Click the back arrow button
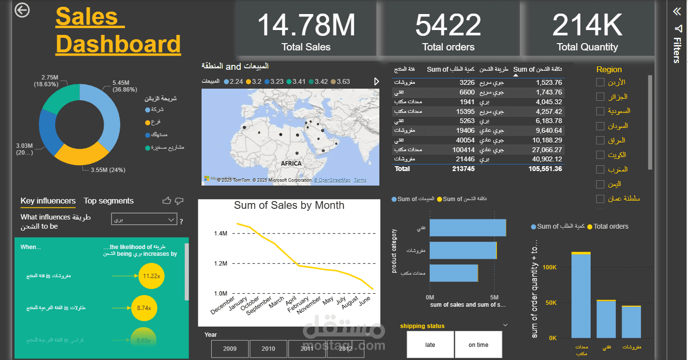pyautogui.click(x=22, y=10)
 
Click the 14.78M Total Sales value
pyautogui.click(x=306, y=26)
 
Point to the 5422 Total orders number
pyautogui.click(x=448, y=26)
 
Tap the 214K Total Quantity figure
pyautogui.click(x=587, y=26)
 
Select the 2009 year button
pyautogui.click(x=230, y=348)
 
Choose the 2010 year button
pyautogui.click(x=268, y=348)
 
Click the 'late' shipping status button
pyautogui.click(x=430, y=345)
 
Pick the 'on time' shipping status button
pyautogui.click(x=478, y=345)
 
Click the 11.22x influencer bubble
pyautogui.click(x=152, y=276)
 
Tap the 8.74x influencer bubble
pyautogui.click(x=144, y=308)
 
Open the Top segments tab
pyautogui.click(x=109, y=201)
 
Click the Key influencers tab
pyautogui.click(x=48, y=201)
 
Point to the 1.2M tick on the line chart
pyautogui.click(x=220, y=264)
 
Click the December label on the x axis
pyautogui.click(x=222, y=305)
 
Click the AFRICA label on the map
pyautogui.click(x=291, y=163)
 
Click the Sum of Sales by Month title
pyautogui.click(x=289, y=205)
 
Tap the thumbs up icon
pyautogui.click(x=167, y=201)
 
